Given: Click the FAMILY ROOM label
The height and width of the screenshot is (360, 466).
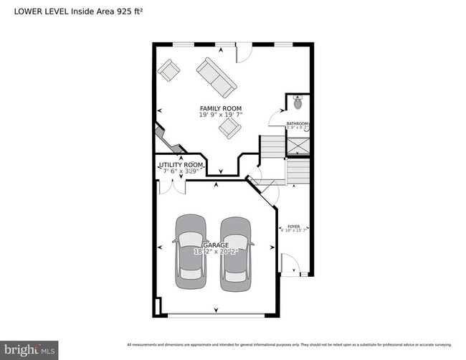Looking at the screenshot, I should coord(220,108).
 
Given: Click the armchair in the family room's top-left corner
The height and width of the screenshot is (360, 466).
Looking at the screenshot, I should coord(169,70).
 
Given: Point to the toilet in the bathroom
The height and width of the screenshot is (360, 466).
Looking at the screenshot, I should coord(298,103).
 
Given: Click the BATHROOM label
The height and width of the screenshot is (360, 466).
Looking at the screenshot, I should coord(297,123).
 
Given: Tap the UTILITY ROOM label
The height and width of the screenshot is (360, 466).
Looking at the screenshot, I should coord(181,166).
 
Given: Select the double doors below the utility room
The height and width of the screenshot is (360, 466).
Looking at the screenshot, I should coord(172,186).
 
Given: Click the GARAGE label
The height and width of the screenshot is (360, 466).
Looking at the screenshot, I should coord(214,245).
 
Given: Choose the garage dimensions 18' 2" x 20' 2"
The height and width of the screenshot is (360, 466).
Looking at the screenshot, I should coord(214,252).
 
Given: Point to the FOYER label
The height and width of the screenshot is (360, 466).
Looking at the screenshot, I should coord(294,226).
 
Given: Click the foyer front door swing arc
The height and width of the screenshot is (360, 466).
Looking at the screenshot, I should coord(290,263).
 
